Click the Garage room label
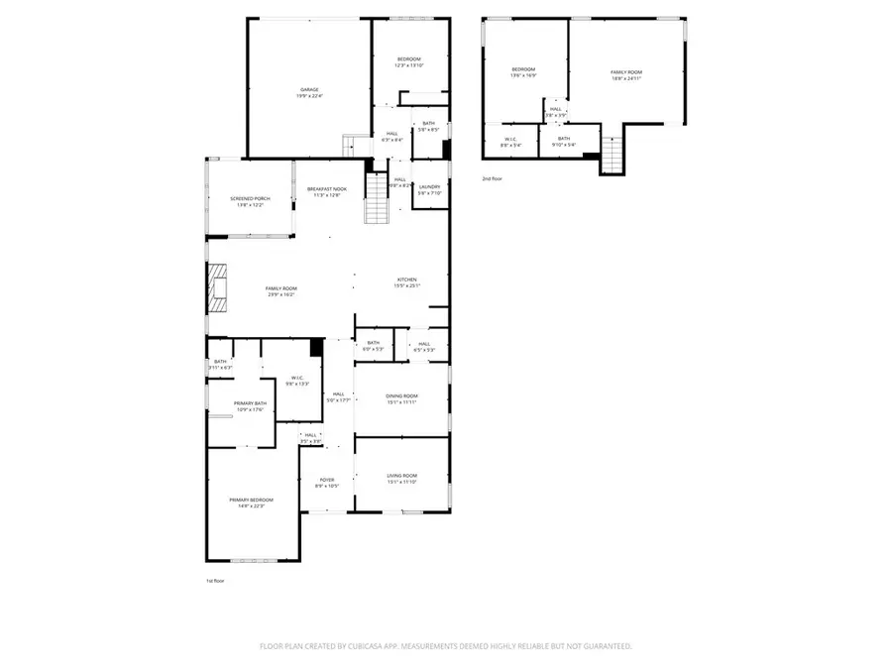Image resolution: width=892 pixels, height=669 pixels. (x=309, y=89)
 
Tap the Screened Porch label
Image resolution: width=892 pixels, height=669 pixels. (x=250, y=199)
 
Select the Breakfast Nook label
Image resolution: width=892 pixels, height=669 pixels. (x=326, y=189)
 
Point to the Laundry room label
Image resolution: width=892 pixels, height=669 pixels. (x=429, y=187)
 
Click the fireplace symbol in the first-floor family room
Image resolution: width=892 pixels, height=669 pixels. (x=217, y=288)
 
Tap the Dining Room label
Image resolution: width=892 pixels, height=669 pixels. (x=401, y=396)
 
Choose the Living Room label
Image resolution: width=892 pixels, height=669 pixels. (x=401, y=476)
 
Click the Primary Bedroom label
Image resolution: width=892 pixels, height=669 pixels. (x=251, y=500)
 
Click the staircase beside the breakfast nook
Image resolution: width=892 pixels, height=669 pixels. (x=377, y=198)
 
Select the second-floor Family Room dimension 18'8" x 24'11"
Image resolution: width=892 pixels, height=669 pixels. (x=625, y=78)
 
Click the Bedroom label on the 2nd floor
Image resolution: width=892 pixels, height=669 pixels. (x=523, y=69)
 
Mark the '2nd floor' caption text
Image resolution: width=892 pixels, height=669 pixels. (x=492, y=178)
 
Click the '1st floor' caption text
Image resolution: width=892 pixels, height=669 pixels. (x=214, y=581)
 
